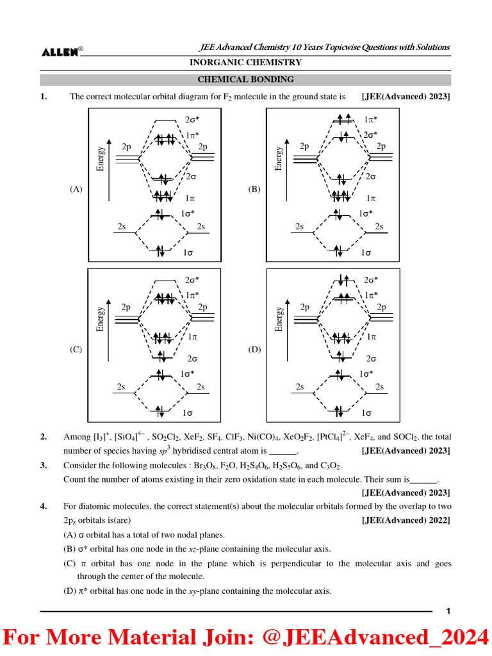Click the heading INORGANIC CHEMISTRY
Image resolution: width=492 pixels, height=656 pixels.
point(245,62)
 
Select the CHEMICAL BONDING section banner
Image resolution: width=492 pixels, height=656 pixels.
point(245,79)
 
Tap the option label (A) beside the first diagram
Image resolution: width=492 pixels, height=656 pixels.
point(77,189)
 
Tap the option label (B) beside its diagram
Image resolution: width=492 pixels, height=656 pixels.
point(254,189)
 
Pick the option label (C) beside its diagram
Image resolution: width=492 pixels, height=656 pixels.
point(77,350)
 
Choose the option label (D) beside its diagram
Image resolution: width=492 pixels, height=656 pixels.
point(254,350)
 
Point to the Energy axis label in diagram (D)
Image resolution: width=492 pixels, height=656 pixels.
point(279,318)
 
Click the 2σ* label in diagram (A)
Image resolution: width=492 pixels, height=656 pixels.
point(192,120)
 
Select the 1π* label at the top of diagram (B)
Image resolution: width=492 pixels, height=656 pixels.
point(370,120)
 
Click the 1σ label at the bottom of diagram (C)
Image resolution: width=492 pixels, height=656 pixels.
point(188,413)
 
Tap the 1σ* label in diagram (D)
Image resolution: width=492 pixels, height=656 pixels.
point(366,373)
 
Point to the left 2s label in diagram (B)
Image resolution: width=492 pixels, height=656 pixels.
point(299,226)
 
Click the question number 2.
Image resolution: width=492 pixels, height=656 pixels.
point(44,437)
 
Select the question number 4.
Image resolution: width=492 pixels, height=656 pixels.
point(44,507)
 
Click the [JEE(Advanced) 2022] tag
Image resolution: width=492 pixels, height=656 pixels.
point(406,520)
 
